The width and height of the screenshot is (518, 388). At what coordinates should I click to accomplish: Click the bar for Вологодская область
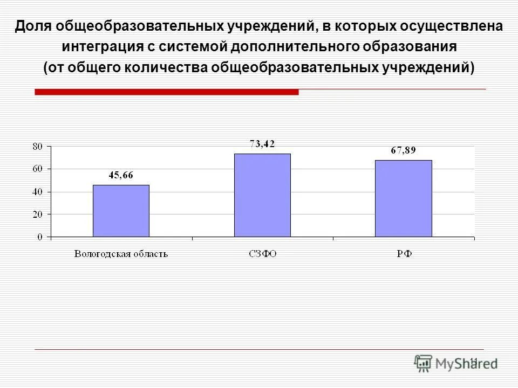[x=121, y=211]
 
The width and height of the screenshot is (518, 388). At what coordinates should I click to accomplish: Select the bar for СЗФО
[x=262, y=195]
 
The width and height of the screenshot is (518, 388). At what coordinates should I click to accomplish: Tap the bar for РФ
[x=404, y=198]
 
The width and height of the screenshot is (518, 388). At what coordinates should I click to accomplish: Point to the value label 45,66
[x=121, y=175]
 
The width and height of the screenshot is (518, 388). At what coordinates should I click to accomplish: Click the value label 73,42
[x=262, y=143]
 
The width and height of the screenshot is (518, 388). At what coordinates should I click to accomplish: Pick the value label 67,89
[x=403, y=150]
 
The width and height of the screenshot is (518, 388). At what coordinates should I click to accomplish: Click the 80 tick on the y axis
[x=37, y=146]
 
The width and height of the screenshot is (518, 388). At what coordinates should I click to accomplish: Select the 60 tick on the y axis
[x=37, y=169]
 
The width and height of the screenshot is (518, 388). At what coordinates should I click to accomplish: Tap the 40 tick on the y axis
[x=37, y=192]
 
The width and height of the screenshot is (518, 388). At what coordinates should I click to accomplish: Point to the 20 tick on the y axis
[x=37, y=214]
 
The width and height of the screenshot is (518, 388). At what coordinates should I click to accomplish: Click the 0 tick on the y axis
[x=40, y=237]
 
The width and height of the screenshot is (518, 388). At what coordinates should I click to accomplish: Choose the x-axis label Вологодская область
[x=121, y=254]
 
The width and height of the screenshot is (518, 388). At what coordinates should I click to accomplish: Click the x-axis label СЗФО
[x=262, y=254]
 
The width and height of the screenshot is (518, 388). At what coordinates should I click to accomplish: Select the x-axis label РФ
[x=404, y=254]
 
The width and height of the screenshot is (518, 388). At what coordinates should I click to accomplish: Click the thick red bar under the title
[x=166, y=92]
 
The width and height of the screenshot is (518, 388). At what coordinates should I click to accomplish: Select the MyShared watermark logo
[x=455, y=363]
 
